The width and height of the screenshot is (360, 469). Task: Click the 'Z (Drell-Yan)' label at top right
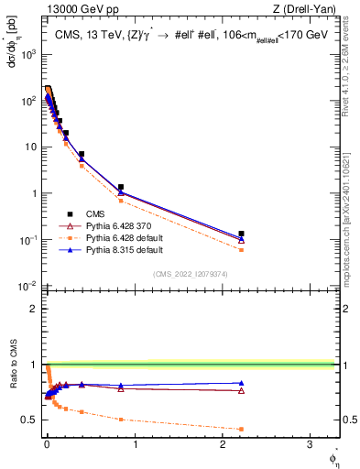[x=307, y=9]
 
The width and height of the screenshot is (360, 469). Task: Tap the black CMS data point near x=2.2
[x=241, y=234]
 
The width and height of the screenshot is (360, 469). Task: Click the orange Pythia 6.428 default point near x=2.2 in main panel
[x=241, y=249]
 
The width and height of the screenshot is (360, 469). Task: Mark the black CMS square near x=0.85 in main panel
[x=121, y=187]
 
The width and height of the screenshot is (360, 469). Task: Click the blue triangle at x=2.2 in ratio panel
[x=241, y=383]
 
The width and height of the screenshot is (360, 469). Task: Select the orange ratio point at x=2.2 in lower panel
[x=241, y=429]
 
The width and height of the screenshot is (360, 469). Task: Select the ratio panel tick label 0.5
[x=28, y=420]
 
